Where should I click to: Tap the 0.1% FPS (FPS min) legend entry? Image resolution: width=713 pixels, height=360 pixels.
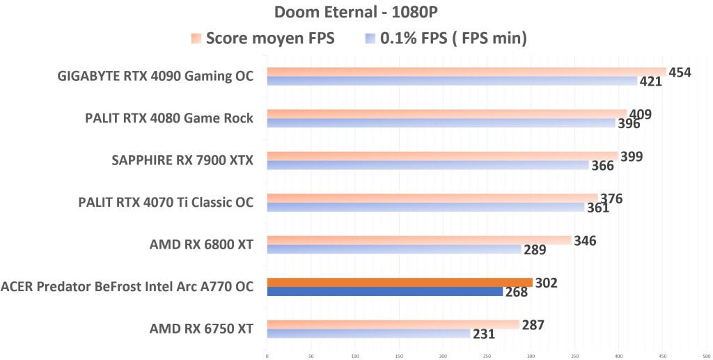[446, 38]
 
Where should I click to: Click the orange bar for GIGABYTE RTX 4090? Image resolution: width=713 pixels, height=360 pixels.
[466, 72]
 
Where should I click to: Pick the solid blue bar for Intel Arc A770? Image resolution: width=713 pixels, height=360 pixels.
[384, 292]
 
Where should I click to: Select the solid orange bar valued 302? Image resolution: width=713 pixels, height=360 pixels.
[399, 282]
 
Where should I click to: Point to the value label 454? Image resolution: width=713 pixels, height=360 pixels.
[680, 72]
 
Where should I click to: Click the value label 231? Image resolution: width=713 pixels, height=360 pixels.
[484, 334]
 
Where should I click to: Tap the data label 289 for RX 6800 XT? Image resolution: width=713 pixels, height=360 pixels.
[535, 249]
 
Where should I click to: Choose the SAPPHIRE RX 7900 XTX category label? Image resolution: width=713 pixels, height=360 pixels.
[182, 161]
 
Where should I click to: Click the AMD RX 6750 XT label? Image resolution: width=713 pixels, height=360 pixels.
[201, 329]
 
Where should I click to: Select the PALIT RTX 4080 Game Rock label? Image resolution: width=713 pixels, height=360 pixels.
[169, 118]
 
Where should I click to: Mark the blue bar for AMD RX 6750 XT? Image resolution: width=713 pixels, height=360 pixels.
[368, 334]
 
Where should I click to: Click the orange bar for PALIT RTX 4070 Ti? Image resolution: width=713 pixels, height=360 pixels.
[432, 198]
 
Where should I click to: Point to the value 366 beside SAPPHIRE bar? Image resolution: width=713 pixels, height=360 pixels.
[602, 166]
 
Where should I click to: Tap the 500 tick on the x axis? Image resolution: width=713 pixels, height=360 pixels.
[707, 354]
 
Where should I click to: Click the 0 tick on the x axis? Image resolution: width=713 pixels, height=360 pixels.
[267, 354]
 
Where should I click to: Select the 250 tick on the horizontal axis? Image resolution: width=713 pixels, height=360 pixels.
[487, 354]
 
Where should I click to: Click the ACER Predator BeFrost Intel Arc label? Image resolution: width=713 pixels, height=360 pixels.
[127, 286]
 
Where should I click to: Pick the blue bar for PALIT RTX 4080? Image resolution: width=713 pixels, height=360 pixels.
[441, 123]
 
